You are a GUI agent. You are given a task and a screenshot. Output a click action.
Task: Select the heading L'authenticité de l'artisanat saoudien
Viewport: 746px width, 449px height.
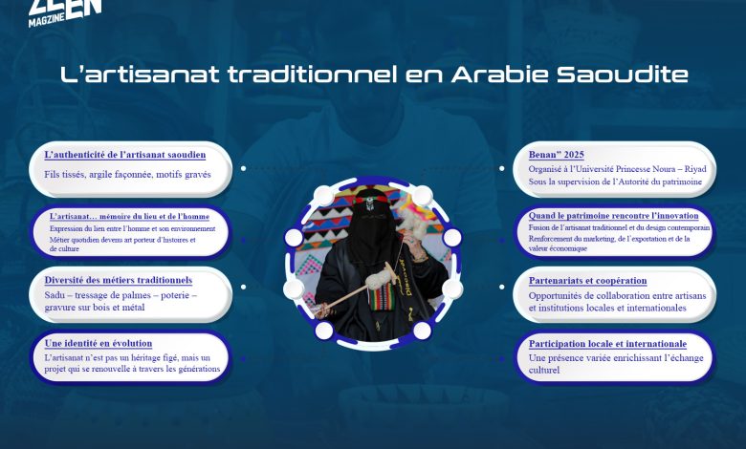click(125, 154)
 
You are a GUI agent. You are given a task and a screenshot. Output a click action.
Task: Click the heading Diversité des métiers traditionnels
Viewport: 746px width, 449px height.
click(119, 280)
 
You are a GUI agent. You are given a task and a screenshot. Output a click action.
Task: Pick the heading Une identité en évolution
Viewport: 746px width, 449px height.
click(99, 343)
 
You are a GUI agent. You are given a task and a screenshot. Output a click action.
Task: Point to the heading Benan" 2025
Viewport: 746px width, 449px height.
click(557, 154)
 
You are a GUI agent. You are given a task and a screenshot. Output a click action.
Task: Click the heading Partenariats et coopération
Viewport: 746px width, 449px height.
click(588, 280)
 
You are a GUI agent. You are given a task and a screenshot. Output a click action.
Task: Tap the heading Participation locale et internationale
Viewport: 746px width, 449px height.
click(608, 343)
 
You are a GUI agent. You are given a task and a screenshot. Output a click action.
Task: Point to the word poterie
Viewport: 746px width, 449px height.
click(174, 296)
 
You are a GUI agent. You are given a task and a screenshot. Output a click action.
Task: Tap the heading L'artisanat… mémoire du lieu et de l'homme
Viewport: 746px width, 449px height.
click(129, 216)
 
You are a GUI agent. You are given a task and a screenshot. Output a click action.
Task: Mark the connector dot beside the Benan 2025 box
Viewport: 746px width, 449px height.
click(502, 168)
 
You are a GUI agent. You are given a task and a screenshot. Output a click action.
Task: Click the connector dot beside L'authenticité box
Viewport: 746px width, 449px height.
click(243, 168)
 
